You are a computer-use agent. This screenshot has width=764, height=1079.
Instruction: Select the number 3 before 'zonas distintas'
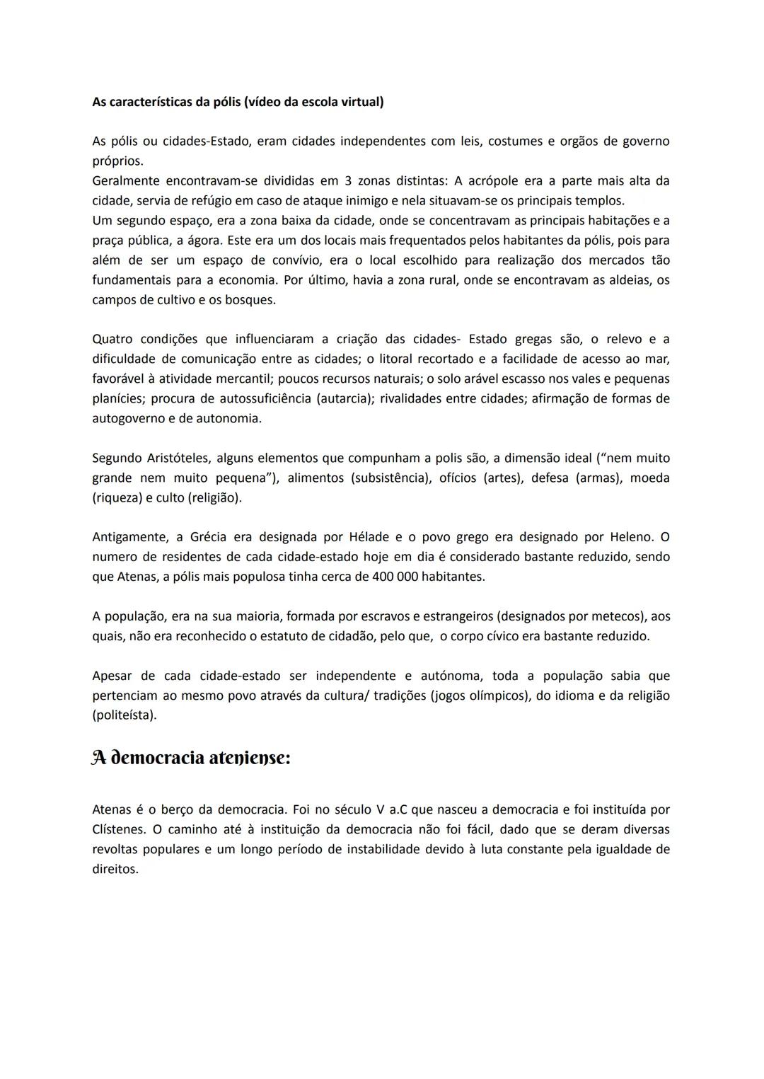349,180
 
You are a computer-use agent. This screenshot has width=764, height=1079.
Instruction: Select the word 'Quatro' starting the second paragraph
112,339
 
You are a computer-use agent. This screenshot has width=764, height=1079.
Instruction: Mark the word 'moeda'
649,478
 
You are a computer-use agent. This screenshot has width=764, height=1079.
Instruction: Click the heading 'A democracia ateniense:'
191,758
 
